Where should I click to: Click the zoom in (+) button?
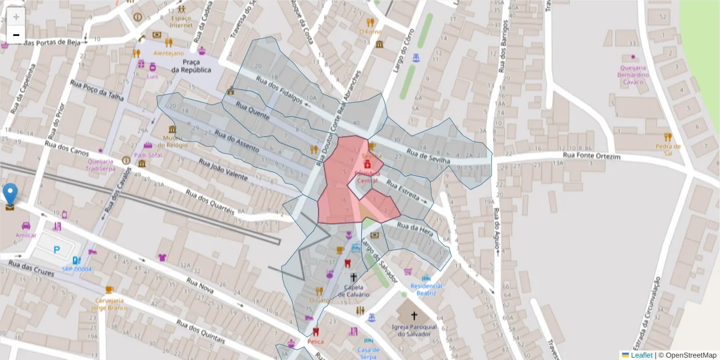16,17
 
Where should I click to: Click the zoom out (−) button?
16,35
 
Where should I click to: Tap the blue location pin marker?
10,194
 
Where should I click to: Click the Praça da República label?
191,66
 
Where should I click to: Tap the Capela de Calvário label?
353,290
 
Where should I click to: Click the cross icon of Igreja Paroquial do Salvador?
413,315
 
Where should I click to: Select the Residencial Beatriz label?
426,289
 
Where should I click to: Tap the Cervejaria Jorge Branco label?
109,304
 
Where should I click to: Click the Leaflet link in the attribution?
641,355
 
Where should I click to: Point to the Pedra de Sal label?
667,149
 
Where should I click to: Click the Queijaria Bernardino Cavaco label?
634,74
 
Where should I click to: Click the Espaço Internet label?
181,22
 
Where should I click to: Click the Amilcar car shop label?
26,235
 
